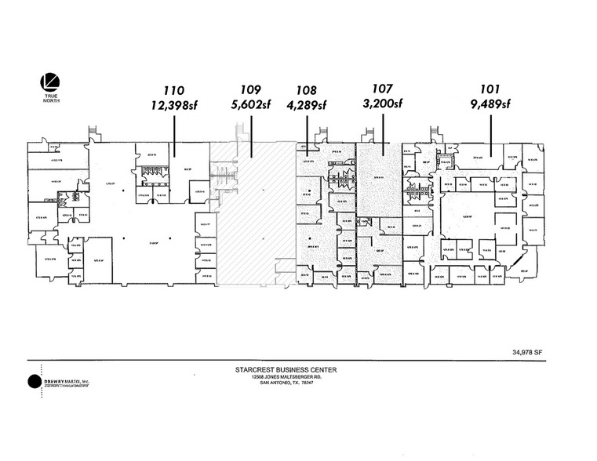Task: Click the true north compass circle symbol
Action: pyautogui.click(x=49, y=81)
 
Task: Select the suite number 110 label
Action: pyautogui.click(x=175, y=90)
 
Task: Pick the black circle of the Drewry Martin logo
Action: pyautogui.click(x=35, y=382)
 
